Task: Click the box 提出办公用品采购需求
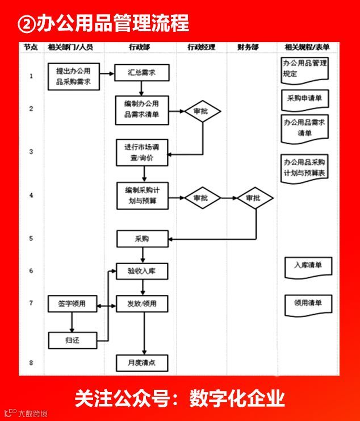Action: click(74, 77)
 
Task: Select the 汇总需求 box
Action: click(142, 72)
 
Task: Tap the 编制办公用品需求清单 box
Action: click(142, 109)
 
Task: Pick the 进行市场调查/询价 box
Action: click(143, 153)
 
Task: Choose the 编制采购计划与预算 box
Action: click(142, 195)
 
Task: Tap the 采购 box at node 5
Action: click(142, 239)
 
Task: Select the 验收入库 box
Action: click(142, 271)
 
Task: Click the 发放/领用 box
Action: click(142, 304)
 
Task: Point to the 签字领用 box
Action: click(72, 304)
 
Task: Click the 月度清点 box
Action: click(142, 361)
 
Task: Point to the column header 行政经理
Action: click(202, 47)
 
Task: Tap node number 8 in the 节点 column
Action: click(31, 362)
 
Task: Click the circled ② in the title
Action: click(27, 23)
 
